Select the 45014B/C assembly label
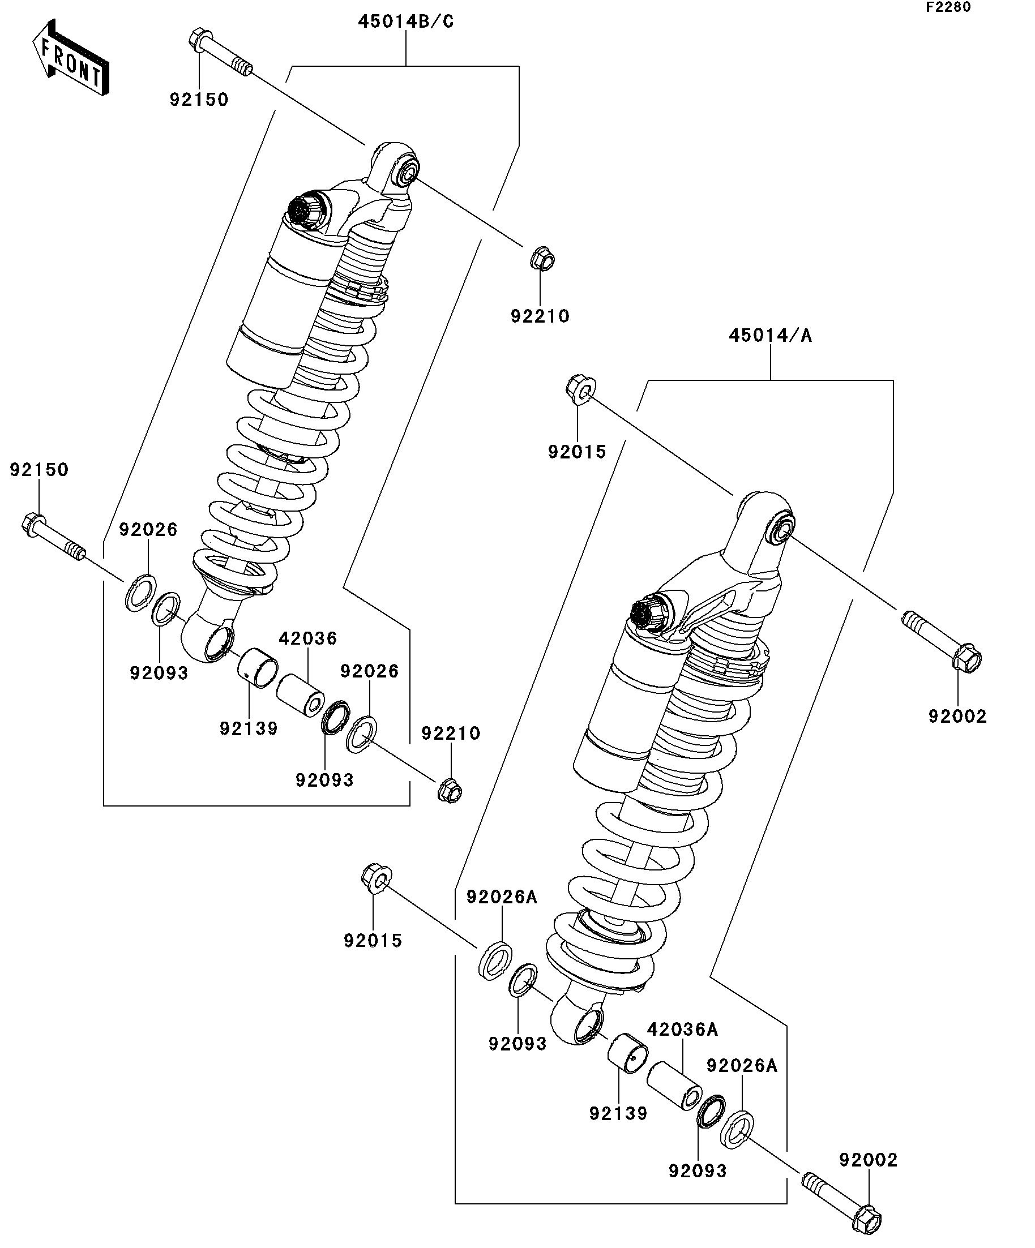pos(405,22)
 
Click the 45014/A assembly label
pos(770,336)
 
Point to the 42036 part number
pos(308,638)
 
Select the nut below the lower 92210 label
pos(450,790)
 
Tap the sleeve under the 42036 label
pos(301,694)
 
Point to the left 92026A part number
pos(501,897)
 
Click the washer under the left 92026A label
pos(495,960)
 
